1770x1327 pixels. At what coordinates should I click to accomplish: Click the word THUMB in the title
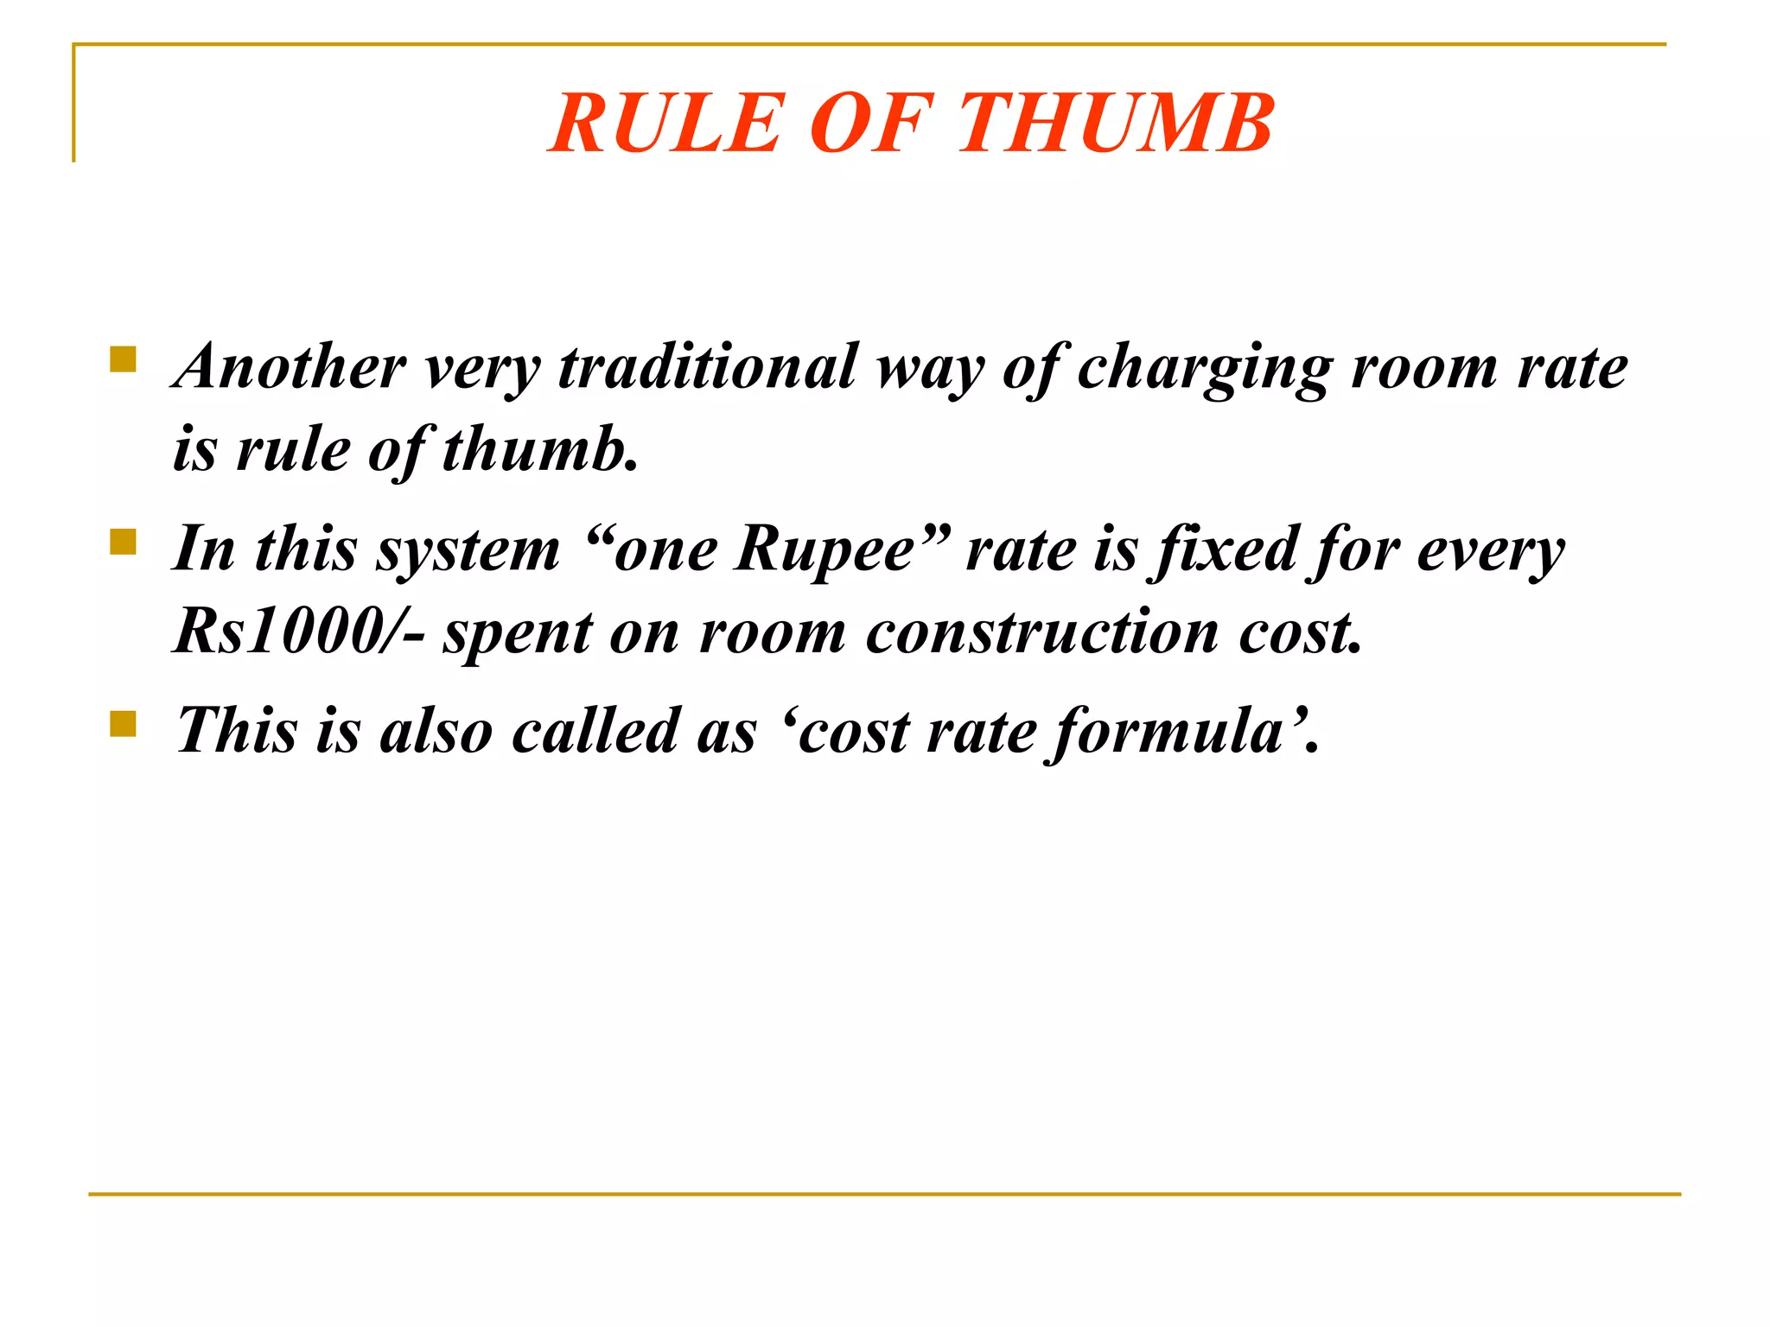click(x=1116, y=124)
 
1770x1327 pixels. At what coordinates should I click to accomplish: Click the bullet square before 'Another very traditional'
click(x=124, y=359)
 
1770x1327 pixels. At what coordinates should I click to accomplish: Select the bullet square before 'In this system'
click(x=124, y=542)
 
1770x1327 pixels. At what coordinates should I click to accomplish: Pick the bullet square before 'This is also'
click(x=124, y=723)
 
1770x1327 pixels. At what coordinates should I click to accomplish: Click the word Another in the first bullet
click(x=290, y=366)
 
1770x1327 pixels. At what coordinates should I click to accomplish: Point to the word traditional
click(x=708, y=366)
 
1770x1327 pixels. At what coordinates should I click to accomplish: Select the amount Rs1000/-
click(x=298, y=632)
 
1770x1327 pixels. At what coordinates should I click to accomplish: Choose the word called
click(x=595, y=730)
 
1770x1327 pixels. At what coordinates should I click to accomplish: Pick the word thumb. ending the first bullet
click(x=540, y=449)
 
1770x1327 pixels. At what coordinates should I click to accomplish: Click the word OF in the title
click(x=871, y=124)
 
